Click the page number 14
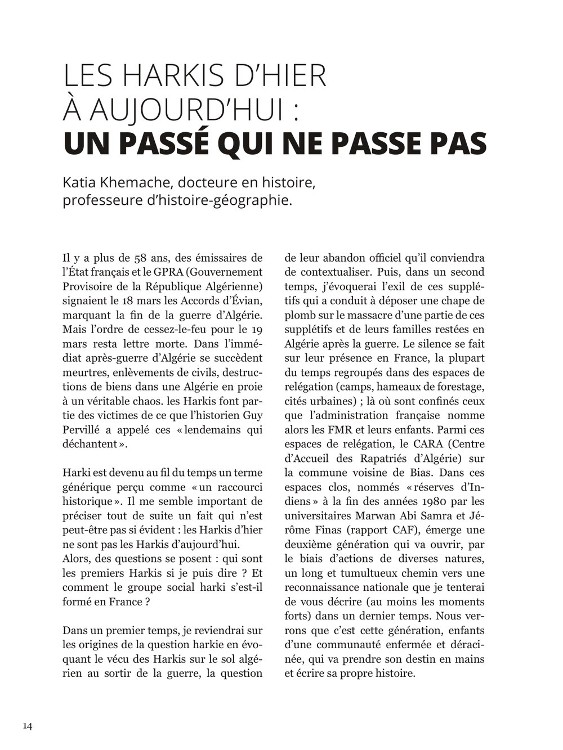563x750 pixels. point(28,726)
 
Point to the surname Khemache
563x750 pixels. point(131,183)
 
